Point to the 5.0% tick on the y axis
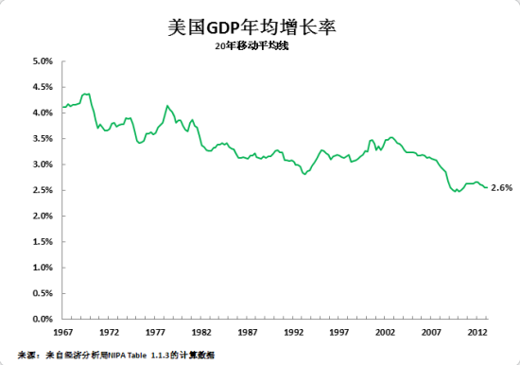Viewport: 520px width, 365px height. point(41,61)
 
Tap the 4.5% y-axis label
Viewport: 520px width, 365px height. point(41,87)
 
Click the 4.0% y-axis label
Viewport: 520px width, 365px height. point(41,113)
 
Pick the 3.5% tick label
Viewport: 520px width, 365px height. point(41,138)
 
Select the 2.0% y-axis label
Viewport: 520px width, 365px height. point(41,217)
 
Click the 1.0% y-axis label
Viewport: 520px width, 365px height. point(41,268)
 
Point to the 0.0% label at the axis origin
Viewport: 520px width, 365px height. point(41,320)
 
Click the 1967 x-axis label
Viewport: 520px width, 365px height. point(63,333)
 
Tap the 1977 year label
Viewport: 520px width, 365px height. point(155,333)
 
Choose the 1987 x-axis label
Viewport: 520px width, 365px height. point(248,333)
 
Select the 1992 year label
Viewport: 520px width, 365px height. point(294,333)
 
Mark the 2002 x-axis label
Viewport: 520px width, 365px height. point(386,333)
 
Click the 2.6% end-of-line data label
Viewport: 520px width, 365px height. point(501,187)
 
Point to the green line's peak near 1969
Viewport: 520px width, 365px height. point(85,94)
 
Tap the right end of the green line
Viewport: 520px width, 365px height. point(487,187)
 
